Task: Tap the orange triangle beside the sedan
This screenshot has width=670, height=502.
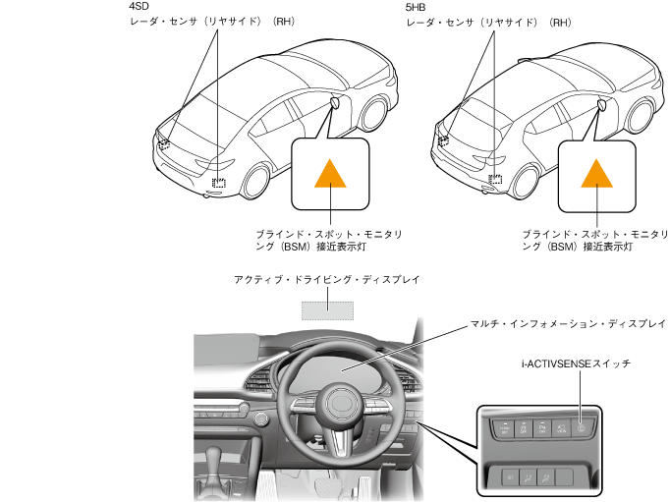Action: coord(329,173)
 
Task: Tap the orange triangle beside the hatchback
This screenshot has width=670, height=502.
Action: coord(596,173)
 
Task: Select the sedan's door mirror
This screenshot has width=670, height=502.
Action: coord(335,101)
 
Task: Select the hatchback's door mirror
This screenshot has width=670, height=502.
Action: coord(600,101)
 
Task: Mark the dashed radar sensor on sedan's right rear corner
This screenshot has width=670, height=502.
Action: coord(219,181)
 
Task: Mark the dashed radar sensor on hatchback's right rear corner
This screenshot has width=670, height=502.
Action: coord(496,180)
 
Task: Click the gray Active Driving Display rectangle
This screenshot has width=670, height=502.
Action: coord(327,308)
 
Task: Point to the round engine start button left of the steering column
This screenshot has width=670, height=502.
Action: coord(260,419)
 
